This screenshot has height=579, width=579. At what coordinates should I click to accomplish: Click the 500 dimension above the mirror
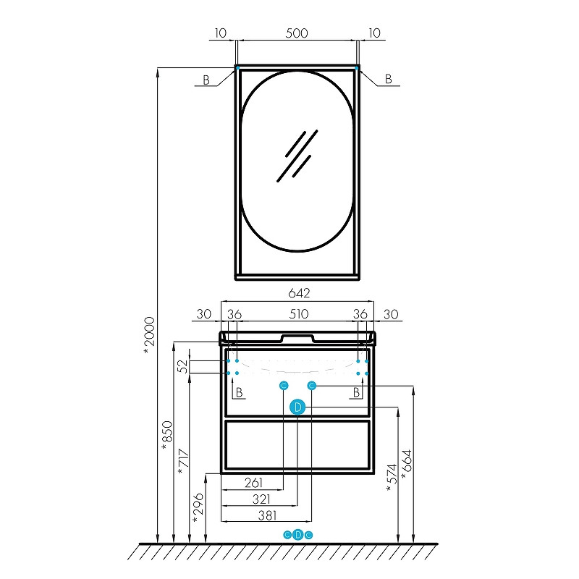coord(297,33)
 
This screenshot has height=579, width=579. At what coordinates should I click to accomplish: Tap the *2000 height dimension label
coord(150,335)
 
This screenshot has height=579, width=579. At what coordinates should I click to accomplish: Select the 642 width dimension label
coord(299,293)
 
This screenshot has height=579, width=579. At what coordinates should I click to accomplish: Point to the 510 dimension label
coord(298,314)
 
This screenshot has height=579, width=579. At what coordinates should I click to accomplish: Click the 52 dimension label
coord(183,366)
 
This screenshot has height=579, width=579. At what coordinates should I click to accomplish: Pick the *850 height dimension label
coord(167,436)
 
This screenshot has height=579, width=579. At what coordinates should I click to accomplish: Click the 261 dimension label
coord(254,483)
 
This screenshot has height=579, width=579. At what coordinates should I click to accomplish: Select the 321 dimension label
coord(261,499)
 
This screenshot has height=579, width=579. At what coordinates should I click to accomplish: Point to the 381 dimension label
coord(268,515)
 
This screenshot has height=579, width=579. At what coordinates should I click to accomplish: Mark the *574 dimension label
coord(392,478)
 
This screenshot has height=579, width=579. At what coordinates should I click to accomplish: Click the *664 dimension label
coord(407,465)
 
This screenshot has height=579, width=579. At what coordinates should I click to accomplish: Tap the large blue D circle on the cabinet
coord(297,407)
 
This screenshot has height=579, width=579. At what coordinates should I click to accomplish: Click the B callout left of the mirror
coord(206,80)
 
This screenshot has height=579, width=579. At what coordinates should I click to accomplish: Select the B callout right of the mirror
coord(388,79)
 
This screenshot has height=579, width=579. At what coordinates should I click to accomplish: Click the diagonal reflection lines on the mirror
coord(297,156)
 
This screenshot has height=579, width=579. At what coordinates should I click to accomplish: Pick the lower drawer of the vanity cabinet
coord(297,445)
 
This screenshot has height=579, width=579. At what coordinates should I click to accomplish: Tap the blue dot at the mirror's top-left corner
coord(238,68)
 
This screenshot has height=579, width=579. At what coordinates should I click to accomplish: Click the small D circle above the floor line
coord(298,534)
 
